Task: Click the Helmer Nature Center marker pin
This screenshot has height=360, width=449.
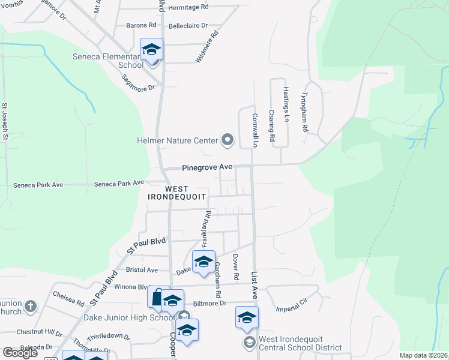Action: pyautogui.click(x=227, y=140)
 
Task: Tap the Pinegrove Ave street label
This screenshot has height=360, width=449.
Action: pyautogui.click(x=207, y=167)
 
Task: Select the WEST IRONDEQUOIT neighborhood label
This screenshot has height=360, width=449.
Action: pyautogui.click(x=177, y=193)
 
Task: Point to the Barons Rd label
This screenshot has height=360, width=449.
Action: pyautogui.click(x=141, y=26)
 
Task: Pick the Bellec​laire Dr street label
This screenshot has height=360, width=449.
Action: pyautogui.click(x=188, y=26)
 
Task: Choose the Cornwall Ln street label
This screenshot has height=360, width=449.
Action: pyautogui.click(x=255, y=130)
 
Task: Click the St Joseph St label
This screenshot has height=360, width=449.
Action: pyautogui.click(x=5, y=121)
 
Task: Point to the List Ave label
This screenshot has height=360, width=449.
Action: pyautogui.click(x=255, y=285)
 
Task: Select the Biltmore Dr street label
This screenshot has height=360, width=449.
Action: pyautogui.click(x=214, y=304)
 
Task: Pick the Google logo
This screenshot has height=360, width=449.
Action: pyautogui.click(x=20, y=353)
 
